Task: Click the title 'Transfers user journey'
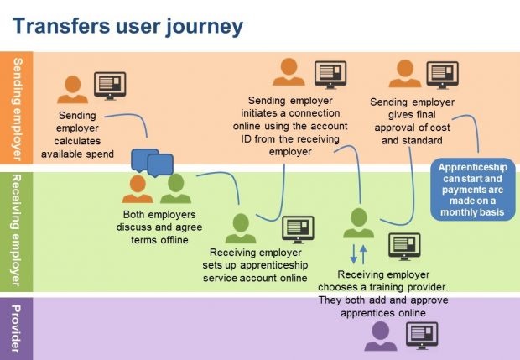pos(128,25)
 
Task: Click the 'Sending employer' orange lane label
pos(18,109)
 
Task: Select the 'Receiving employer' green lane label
pos(18,231)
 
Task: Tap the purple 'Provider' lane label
pos(18,328)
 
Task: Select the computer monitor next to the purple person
pos(422,334)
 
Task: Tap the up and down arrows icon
pos(358,253)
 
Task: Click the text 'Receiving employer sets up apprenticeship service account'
pos(258,266)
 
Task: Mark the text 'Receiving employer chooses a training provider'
pos(384,293)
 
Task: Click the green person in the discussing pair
pos(176,189)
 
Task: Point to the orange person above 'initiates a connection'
pos(289,72)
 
